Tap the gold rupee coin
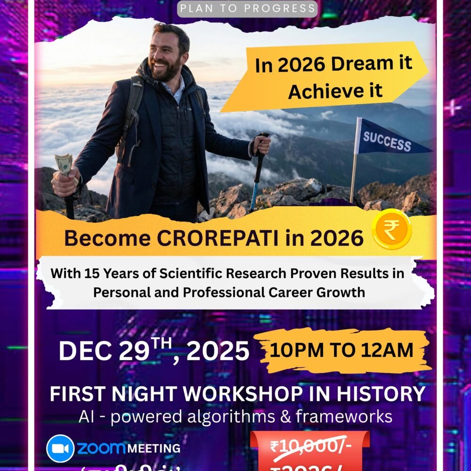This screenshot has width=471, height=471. pos(392,229)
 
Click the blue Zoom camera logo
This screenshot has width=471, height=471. pos(60,448)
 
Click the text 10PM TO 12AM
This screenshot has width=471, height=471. pos(343,350)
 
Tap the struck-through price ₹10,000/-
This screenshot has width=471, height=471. pos(309,447)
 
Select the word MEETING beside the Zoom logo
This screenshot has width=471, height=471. pos(154,448)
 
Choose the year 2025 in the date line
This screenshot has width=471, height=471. pos(218,351)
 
